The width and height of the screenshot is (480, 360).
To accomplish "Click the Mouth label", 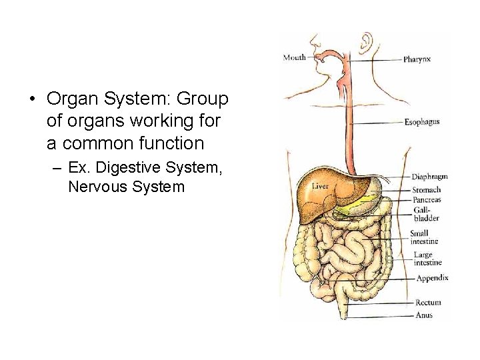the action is pyautogui.click(x=294, y=57).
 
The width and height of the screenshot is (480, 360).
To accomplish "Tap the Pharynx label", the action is pyautogui.click(x=417, y=59).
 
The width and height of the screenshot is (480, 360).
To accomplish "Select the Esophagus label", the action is pyautogui.click(x=421, y=122).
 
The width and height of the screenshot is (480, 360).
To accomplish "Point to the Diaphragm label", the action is pyautogui.click(x=429, y=177).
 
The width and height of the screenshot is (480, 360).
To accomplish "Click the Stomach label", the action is pyautogui.click(x=426, y=190).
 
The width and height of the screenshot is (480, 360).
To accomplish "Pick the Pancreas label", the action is pyautogui.click(x=426, y=199).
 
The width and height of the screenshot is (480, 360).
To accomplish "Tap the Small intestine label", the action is pyautogui.click(x=423, y=237).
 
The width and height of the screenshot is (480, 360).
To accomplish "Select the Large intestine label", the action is pyautogui.click(x=427, y=259).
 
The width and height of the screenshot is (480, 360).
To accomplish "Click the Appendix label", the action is pyautogui.click(x=432, y=278).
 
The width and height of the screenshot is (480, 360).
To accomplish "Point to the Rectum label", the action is pyautogui.click(x=428, y=303).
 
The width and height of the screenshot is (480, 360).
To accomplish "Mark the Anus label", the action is pyautogui.click(x=423, y=315).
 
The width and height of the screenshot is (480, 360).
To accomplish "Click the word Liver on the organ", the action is pyautogui.click(x=320, y=186).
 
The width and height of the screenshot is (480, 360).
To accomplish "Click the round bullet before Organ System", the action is pyautogui.click(x=31, y=100).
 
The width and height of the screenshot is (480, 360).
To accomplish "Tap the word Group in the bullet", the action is pyautogui.click(x=203, y=99).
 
